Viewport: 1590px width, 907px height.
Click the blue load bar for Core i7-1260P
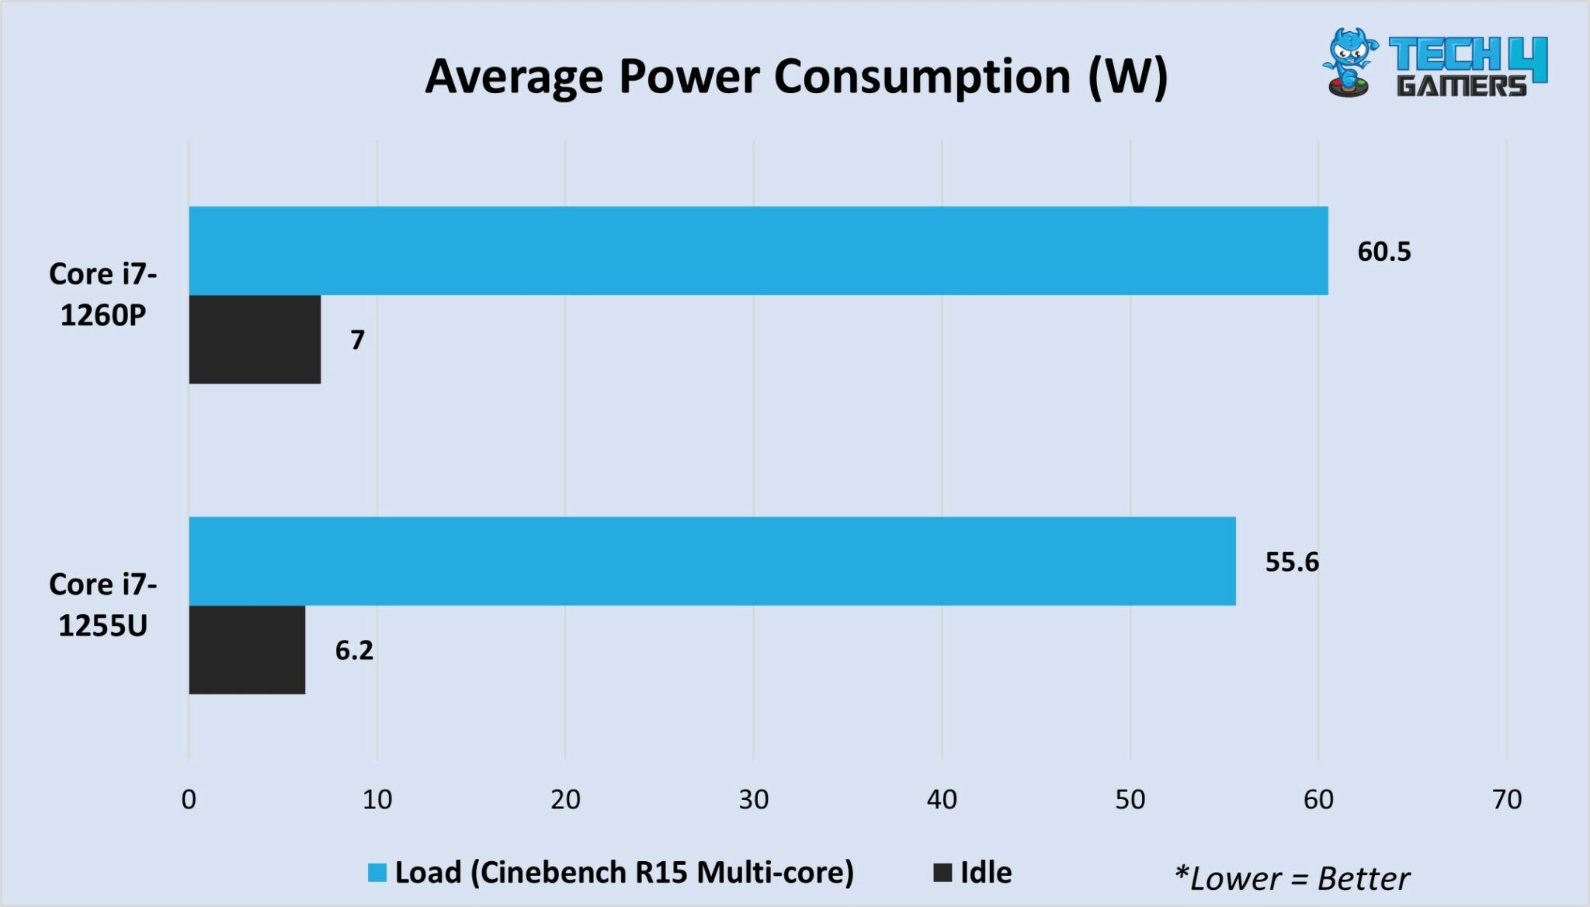click(x=758, y=251)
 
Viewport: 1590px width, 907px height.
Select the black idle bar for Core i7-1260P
click(x=255, y=339)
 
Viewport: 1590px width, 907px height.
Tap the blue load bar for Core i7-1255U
click(x=712, y=561)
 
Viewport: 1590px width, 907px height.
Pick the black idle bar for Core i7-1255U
click(x=247, y=650)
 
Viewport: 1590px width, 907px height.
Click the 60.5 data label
click(x=1383, y=252)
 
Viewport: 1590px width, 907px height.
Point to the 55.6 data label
click(x=1291, y=561)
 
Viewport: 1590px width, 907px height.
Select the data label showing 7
click(x=357, y=340)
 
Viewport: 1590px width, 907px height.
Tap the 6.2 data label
click(x=354, y=650)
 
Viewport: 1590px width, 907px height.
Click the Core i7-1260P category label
click(x=103, y=294)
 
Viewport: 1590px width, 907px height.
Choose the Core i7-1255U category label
click(x=103, y=605)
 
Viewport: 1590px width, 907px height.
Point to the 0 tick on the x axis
click(x=189, y=799)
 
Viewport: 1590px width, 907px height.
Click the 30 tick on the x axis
click(x=753, y=799)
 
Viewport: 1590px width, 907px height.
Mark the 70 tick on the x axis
click(x=1506, y=799)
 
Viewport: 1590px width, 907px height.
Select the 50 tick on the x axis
click(x=1130, y=799)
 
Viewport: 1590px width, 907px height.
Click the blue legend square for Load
click(x=377, y=873)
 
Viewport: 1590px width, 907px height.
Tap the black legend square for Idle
click(x=943, y=873)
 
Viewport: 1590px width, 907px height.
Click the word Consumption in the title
click(x=922, y=77)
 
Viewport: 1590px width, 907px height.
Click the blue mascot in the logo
click(x=1351, y=62)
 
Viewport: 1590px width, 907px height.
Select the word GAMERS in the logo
click(x=1461, y=85)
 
